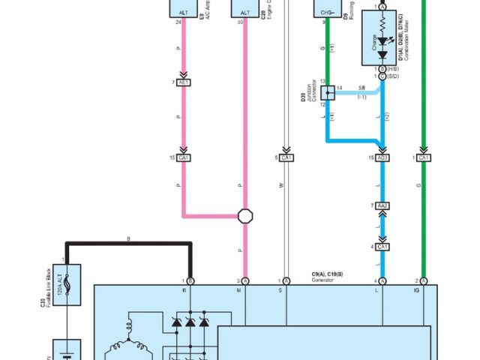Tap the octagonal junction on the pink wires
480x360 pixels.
[245, 217]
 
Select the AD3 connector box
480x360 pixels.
[382, 157]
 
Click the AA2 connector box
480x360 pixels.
[382, 205]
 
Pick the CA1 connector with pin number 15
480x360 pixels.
[184, 157]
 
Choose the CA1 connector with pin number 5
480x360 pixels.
[286, 157]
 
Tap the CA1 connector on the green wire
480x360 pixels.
[424, 157]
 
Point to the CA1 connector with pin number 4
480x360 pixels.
[382, 247]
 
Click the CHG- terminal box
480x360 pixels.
[327, 13]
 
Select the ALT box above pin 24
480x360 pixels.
[184, 13]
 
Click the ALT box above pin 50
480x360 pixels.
[245, 13]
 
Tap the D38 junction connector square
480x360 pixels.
[327, 93]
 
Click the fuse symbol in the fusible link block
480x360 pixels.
[67, 283]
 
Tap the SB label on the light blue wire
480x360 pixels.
[361, 88]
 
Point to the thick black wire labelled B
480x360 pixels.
[127, 244]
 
